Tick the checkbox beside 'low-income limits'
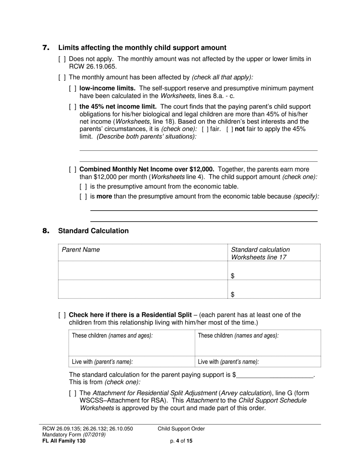[x=73, y=89]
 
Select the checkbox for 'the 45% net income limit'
[x=73, y=107]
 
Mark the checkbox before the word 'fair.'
[x=205, y=129]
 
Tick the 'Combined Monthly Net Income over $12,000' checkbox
[x=73, y=169]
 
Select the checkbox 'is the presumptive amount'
[x=83, y=186]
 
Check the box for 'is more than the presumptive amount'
[x=83, y=196]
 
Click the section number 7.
[x=46, y=48]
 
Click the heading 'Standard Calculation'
[x=93, y=231]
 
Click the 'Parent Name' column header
[x=81, y=250]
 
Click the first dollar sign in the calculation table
[x=233, y=276]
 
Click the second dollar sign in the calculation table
[x=233, y=294]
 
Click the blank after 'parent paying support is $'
[x=275, y=375]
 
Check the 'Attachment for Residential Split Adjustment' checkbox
[x=73, y=394]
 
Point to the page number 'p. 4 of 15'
[x=182, y=441]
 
